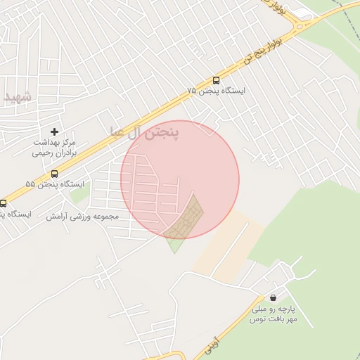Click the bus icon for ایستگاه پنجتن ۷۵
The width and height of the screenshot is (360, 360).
pyautogui.click(x=216, y=81)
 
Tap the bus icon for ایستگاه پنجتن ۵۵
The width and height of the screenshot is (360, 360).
pyautogui.click(x=54, y=174)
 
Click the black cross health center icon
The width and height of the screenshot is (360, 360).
pyautogui.click(x=54, y=131)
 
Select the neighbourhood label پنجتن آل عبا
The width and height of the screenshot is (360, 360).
pyautogui.click(x=145, y=131)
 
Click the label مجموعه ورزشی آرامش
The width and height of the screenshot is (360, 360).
pyautogui.click(x=83, y=216)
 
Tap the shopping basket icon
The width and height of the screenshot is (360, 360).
pyautogui.click(x=272, y=298)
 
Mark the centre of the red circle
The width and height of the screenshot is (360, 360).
pyautogui.click(x=180, y=179)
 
